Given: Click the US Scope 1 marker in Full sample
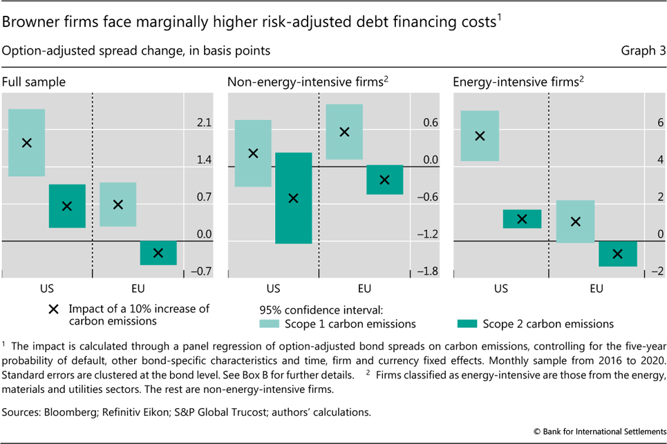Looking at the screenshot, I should point(27,143).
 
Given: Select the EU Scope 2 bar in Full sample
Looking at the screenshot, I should point(158,253).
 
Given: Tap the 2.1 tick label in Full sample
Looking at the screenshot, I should point(204,124).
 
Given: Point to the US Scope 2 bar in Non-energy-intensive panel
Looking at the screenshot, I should point(293,198).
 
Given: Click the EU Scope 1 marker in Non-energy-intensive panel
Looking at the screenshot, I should point(344,131).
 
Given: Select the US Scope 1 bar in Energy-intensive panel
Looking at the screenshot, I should point(480,136).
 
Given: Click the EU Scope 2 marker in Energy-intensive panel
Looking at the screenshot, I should point(618,254).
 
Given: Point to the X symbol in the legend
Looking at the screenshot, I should point(53,309).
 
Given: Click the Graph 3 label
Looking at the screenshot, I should point(641,50).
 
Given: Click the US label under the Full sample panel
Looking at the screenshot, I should point(47,288).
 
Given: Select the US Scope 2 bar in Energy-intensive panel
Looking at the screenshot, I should point(523,219).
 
